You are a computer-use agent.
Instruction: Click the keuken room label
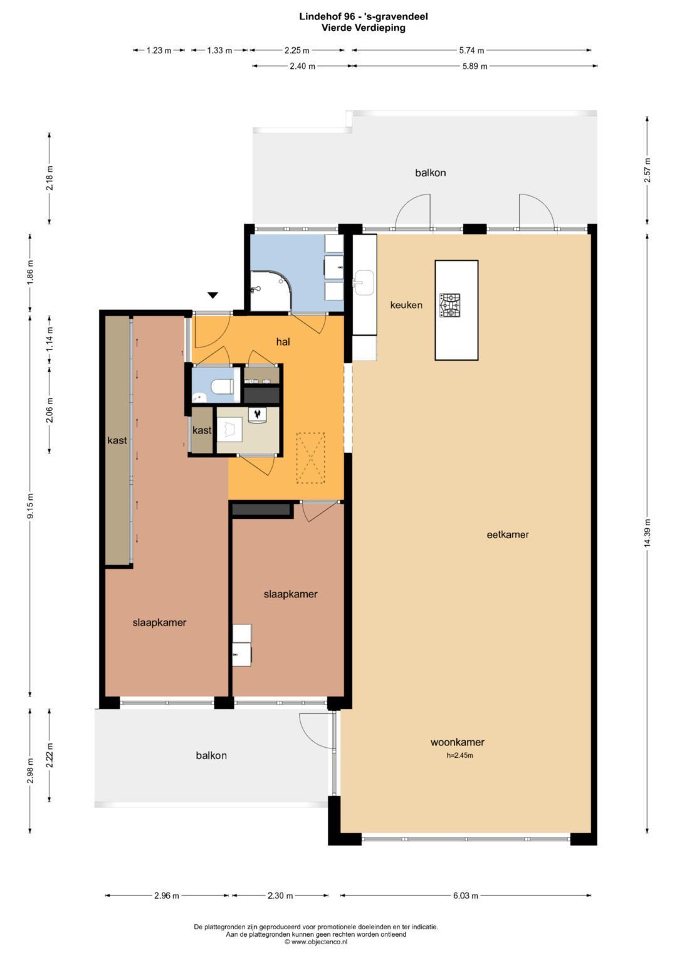406,305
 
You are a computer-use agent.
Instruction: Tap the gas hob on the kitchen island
451,306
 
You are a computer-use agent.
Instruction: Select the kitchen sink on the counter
364,283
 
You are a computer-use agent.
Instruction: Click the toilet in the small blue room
221,387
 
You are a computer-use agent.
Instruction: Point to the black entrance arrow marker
213,295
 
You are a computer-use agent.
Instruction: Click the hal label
283,341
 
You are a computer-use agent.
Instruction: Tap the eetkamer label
508,534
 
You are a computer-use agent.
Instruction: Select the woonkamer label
458,742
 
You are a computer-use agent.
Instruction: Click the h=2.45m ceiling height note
459,755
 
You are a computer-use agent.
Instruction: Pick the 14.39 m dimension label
648,533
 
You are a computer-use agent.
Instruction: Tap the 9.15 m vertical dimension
30,506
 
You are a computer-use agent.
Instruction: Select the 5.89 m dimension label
475,67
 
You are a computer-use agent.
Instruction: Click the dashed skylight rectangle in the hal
311,458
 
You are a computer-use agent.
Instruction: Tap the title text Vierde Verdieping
364,28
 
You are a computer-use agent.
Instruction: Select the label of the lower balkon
211,755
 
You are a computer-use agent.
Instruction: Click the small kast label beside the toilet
202,430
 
